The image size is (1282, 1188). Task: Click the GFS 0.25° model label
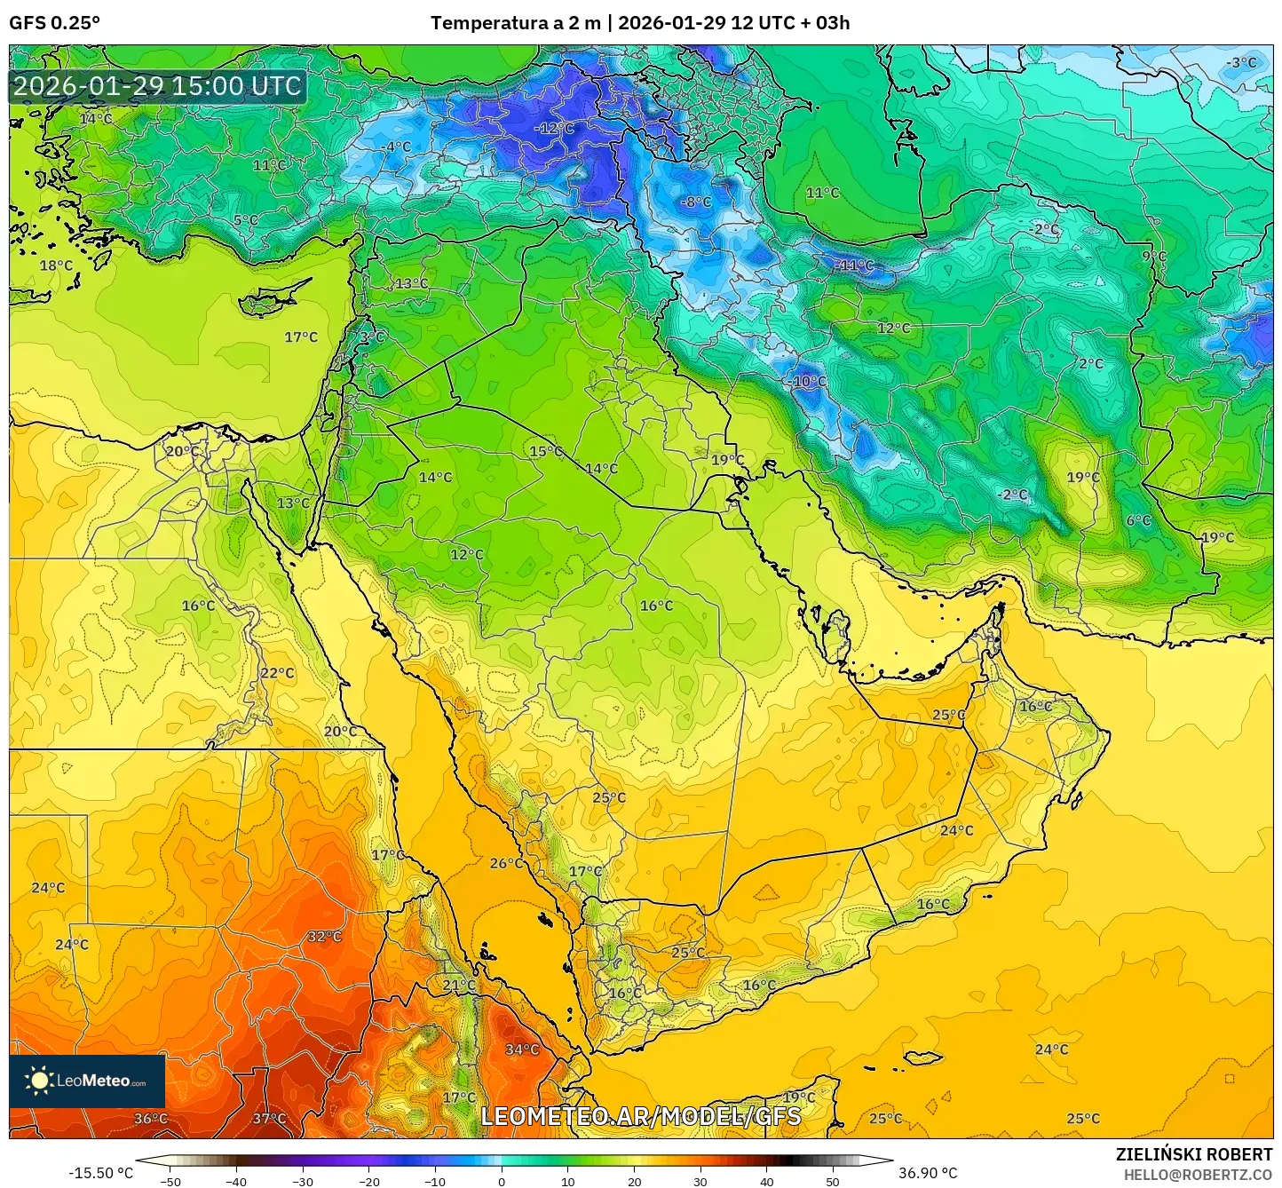point(54,23)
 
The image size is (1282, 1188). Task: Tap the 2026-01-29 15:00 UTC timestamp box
point(157,86)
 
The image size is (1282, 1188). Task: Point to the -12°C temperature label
point(554,129)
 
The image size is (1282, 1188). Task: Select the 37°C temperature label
point(269,1119)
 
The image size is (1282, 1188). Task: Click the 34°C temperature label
point(522,1049)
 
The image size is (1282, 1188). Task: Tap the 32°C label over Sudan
point(325,937)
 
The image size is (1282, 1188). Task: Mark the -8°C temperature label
point(696,202)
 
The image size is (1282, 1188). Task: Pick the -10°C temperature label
point(807,382)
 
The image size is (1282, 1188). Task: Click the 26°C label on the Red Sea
point(507,863)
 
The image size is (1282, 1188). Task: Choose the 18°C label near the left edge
point(56,265)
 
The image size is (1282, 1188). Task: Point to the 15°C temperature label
point(546,451)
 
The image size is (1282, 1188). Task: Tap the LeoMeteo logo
point(87,1081)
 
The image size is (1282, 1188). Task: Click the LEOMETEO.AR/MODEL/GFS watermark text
point(640,1116)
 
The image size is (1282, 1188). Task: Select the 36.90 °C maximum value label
point(928,1173)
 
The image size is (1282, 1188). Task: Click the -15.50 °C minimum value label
point(100,1173)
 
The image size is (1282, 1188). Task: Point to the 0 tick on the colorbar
point(502,1181)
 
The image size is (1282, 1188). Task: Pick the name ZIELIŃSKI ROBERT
point(1194,1154)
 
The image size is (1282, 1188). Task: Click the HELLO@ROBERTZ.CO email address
point(1198,1175)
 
